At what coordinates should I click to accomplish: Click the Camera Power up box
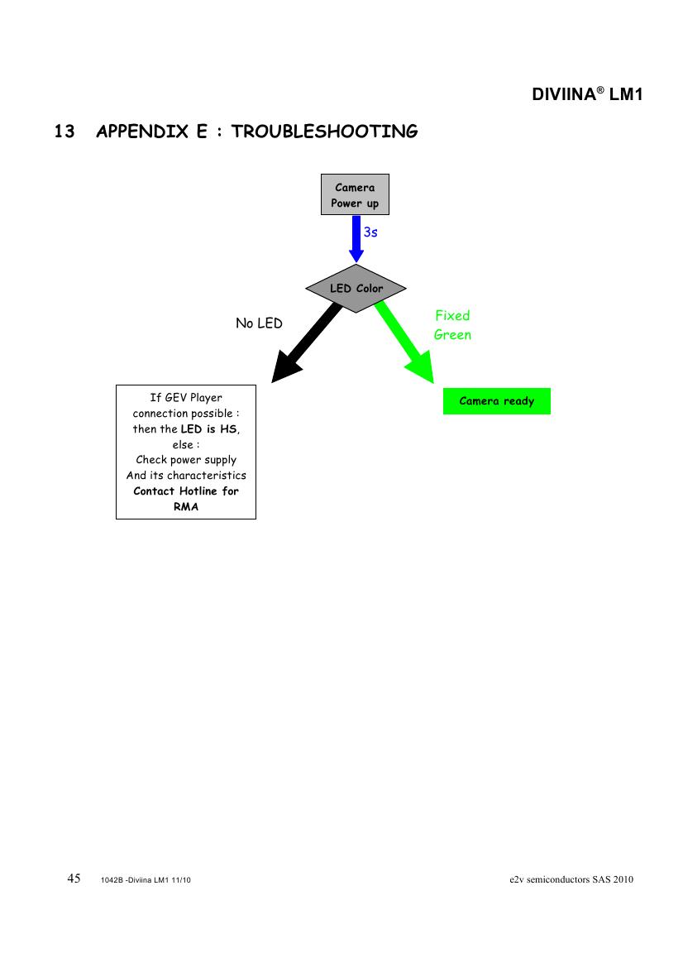355,195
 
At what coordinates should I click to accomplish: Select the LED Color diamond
356,289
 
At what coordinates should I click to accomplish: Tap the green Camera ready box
496,401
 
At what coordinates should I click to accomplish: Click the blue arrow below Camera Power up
355,240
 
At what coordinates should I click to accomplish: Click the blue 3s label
370,232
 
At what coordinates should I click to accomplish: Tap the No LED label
259,323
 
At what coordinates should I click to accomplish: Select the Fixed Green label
452,325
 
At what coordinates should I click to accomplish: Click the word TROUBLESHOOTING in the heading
324,132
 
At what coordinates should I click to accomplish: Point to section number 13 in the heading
64,132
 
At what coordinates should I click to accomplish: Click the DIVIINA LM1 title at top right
587,94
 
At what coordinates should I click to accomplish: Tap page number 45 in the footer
74,878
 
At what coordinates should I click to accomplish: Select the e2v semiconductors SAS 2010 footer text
571,879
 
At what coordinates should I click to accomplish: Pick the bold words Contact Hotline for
186,491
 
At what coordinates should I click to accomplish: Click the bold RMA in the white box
186,506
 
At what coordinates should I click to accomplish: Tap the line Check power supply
186,460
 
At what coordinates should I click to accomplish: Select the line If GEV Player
186,398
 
